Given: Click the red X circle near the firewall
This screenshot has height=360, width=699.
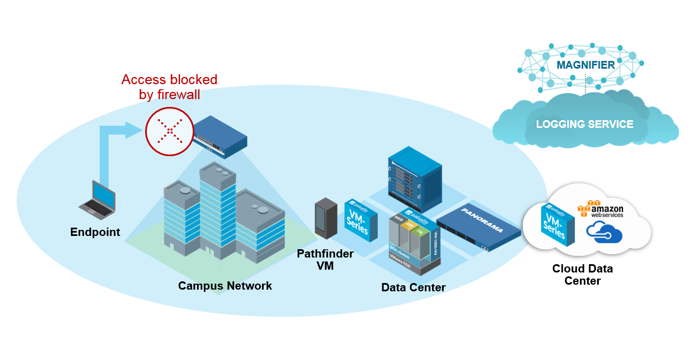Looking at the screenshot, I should click(x=169, y=131).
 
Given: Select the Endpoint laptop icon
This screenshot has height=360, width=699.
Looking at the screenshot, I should click(x=99, y=198).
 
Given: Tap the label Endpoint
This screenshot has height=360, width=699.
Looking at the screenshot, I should click(x=95, y=232).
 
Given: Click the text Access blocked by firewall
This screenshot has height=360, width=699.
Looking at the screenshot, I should click(x=169, y=87).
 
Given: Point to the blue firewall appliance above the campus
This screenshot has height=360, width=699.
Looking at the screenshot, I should click(x=219, y=133).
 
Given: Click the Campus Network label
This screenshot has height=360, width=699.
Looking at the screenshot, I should click(x=225, y=286).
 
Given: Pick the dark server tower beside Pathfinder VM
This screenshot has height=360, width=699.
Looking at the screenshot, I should click(x=326, y=218).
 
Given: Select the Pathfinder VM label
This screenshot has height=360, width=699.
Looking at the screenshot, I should click(x=325, y=259).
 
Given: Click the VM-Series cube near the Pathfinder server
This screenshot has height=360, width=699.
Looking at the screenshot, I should click(x=361, y=220).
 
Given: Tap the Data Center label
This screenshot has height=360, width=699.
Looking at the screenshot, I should click(x=413, y=287).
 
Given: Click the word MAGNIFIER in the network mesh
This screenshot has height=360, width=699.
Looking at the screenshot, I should click(x=585, y=65).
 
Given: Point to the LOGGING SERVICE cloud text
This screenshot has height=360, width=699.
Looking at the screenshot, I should click(x=584, y=124).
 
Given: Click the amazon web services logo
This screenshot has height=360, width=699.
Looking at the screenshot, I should click(x=600, y=209).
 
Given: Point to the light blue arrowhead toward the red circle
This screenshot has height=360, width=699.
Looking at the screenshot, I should click(x=133, y=130).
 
